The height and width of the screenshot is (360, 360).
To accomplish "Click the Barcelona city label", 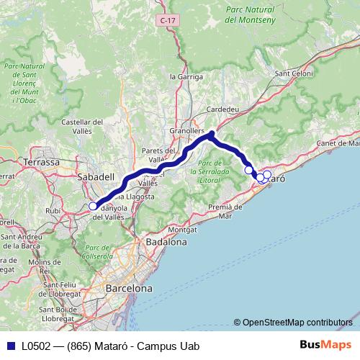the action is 129,288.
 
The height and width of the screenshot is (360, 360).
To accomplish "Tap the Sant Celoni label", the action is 294,73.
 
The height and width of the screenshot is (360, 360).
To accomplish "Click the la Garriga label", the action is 183,76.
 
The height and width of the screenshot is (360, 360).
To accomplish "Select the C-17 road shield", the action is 168,22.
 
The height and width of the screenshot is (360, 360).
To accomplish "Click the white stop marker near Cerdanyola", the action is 93,207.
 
